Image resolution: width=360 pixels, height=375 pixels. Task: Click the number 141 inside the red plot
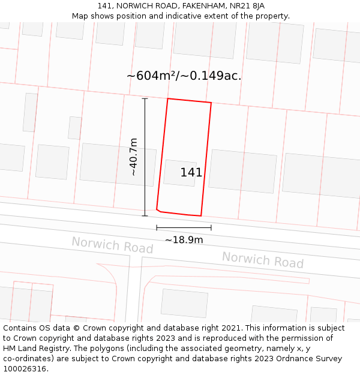click(191, 173)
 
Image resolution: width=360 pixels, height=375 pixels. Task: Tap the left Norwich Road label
click(112, 245)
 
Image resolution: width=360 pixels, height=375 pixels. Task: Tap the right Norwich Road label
click(263, 260)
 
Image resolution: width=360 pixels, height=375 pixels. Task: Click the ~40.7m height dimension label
click(133, 157)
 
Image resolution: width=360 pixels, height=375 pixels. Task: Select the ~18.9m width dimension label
click(184, 240)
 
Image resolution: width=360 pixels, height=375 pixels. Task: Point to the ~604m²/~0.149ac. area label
click(184, 76)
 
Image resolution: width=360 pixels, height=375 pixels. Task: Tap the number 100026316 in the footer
click(24, 368)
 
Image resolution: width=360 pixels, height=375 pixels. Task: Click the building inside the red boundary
click(179, 173)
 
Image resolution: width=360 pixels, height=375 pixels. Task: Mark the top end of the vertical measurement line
click(145, 98)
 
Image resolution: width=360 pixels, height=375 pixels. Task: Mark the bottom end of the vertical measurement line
click(145, 216)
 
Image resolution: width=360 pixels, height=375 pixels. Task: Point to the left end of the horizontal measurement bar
click(157, 228)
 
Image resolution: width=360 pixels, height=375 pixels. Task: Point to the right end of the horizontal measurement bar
click(211, 228)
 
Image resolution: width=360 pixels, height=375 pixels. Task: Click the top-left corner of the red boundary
click(167, 98)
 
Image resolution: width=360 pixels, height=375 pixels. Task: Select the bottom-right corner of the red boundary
click(200, 215)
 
